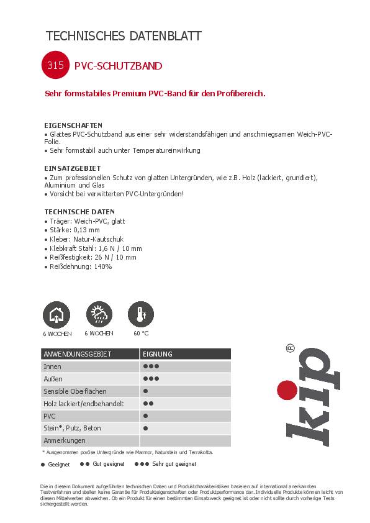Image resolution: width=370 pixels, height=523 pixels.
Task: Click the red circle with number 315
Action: [55, 65]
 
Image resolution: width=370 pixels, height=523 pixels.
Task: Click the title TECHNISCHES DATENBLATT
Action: [124, 36]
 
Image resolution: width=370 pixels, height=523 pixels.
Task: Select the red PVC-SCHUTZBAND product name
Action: [118, 66]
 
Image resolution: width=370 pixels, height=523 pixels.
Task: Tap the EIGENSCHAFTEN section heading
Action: [73, 125]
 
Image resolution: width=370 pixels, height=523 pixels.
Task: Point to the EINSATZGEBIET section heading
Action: [73, 168]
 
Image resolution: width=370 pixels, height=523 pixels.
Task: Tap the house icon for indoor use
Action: [56, 315]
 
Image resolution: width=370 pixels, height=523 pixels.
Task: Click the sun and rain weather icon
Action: [98, 314]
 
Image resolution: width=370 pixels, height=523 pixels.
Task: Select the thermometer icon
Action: [141, 314]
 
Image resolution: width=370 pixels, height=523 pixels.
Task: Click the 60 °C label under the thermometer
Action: [141, 333]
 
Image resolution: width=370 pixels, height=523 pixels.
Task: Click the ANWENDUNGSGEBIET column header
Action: [77, 354]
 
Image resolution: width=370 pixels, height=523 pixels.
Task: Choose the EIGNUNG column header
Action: [158, 354]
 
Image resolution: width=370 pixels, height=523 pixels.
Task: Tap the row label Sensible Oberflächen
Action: [75, 391]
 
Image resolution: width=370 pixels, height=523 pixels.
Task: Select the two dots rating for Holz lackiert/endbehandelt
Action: [148, 404]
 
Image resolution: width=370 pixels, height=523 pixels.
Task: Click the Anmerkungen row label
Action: [64, 440]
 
